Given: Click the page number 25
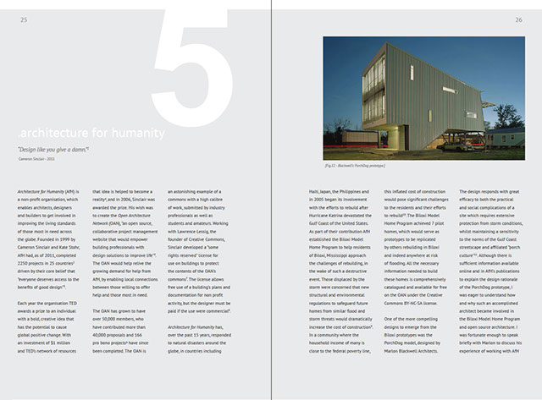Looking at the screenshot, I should point(24,19).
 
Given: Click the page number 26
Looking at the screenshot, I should point(517,19).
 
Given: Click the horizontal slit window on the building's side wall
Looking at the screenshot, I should point(450,89).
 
